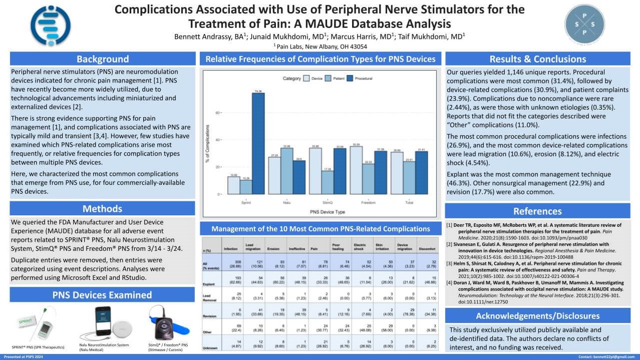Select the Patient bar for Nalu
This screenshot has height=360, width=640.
(x=286, y=171)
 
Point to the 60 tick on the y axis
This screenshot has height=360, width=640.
(x=218, y=113)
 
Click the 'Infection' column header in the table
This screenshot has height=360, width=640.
(x=230, y=248)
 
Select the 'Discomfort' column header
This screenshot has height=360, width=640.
(x=427, y=248)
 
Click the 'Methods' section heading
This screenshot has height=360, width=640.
(x=102, y=208)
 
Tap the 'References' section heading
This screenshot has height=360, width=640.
(x=537, y=211)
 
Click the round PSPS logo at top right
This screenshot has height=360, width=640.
(x=587, y=23)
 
